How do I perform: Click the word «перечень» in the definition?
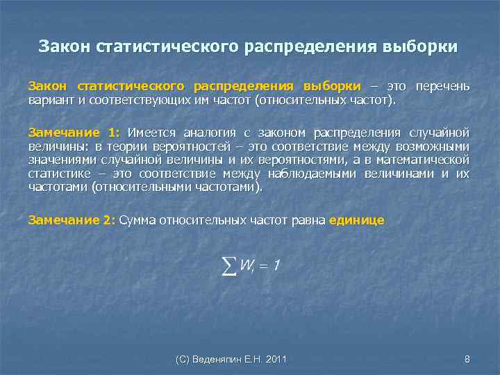click(x=442, y=86)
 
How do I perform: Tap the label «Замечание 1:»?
click(x=74, y=133)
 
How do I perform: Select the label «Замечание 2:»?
click(x=72, y=220)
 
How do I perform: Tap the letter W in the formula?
click(x=247, y=265)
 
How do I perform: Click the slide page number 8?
click(x=467, y=359)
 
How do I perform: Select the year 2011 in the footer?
click(x=274, y=359)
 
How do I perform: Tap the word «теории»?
click(x=126, y=147)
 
